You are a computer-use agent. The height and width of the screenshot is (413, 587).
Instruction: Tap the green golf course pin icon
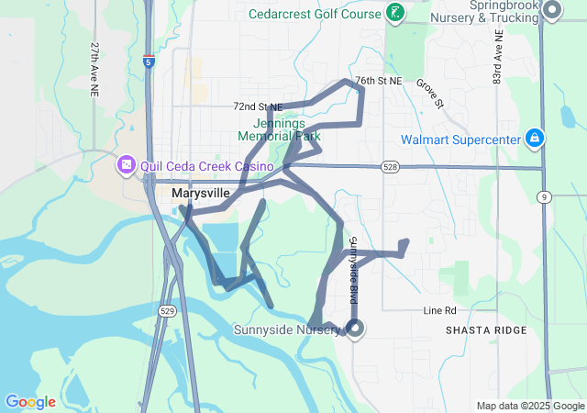click(x=394, y=12)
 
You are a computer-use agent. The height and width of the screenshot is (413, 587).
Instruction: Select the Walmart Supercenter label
click(x=459, y=140)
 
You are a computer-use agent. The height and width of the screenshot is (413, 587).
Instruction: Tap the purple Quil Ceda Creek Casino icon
click(x=126, y=166)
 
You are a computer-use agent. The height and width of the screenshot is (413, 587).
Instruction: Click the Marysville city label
click(x=200, y=194)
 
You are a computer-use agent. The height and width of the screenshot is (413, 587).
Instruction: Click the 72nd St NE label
click(x=258, y=107)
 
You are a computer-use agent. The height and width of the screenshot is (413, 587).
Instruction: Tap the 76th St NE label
click(x=379, y=81)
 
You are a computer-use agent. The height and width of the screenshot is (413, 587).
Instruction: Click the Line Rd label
click(x=439, y=310)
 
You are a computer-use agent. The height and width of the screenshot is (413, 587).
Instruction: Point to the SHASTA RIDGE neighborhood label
click(x=486, y=330)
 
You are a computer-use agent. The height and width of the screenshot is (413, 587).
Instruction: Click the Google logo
click(x=30, y=402)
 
